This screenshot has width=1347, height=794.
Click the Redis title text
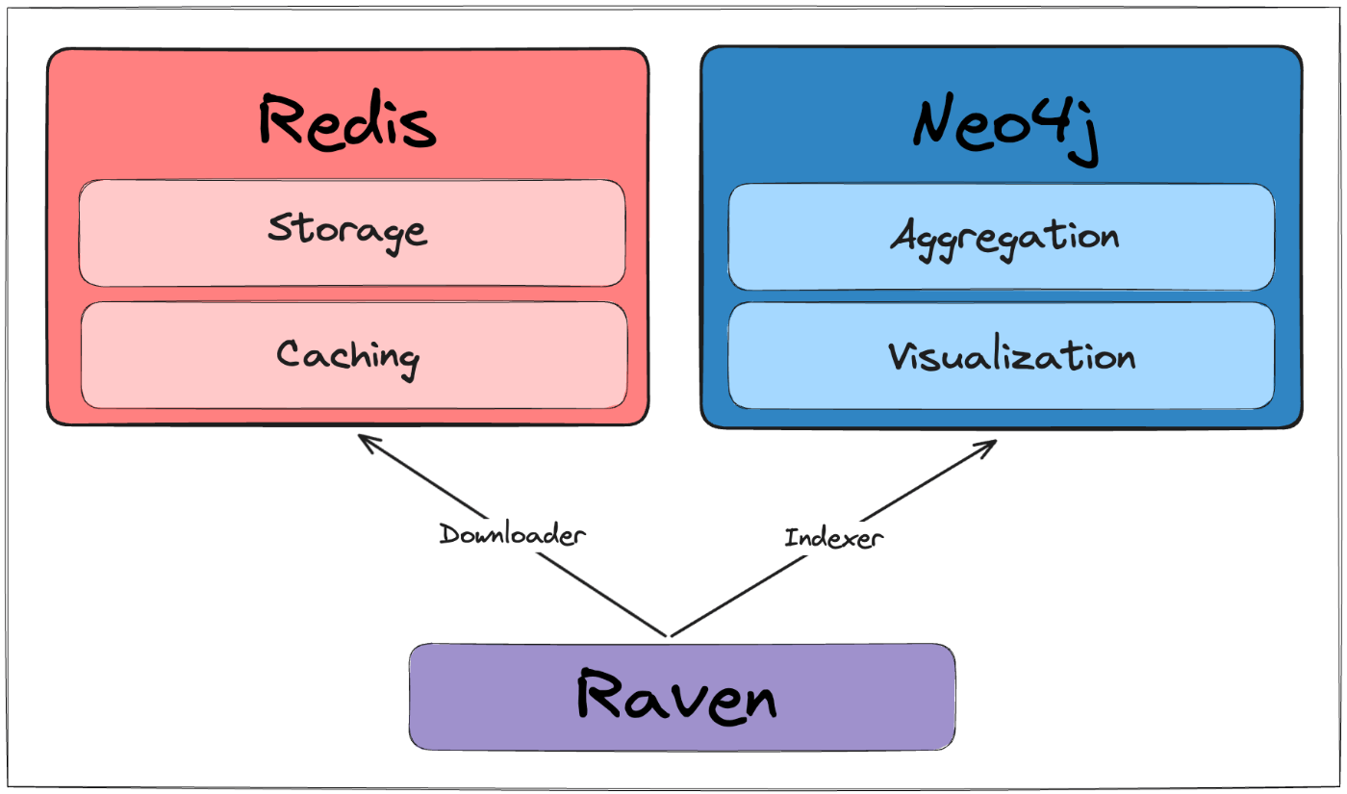click(x=347, y=120)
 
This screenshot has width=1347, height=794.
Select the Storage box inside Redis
click(x=352, y=233)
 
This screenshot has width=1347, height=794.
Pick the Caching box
click(x=354, y=355)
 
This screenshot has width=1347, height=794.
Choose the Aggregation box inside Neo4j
click(x=1002, y=237)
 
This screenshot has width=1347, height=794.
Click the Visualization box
click(x=1002, y=356)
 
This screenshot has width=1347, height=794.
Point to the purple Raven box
click(x=682, y=697)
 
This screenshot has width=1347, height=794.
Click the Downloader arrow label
click(x=512, y=534)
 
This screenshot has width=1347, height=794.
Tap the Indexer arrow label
click(x=834, y=537)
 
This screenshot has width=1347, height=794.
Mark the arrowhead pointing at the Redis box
click(x=359, y=436)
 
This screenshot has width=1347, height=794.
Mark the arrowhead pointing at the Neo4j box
click(x=996, y=441)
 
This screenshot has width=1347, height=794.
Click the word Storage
click(x=347, y=233)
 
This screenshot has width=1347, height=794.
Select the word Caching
click(x=347, y=357)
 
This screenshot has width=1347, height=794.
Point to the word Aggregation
click(x=1004, y=240)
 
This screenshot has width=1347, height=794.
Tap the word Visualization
click(x=1012, y=353)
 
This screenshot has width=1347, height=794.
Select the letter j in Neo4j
click(x=1085, y=135)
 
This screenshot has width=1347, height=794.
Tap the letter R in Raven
click(x=598, y=693)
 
